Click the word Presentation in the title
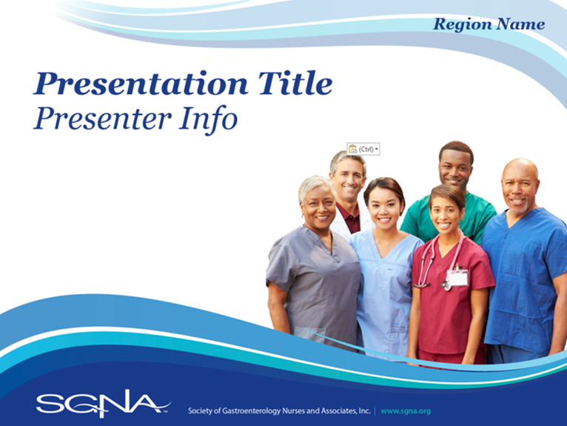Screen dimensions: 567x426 (x=141, y=84)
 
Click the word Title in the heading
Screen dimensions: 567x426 (x=295, y=83)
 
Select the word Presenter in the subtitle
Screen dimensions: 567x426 (x=102, y=119)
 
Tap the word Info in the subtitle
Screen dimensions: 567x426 (x=209, y=119)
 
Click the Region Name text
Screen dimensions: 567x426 (x=489, y=24)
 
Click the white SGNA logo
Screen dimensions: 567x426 (x=103, y=403)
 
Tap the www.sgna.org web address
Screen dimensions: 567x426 (x=406, y=411)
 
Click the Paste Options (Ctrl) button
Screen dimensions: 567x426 (x=363, y=149)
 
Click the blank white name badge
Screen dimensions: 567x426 (x=458, y=279)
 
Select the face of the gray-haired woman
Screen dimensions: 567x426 (x=318, y=206)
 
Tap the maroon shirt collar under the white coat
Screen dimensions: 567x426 (x=349, y=218)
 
